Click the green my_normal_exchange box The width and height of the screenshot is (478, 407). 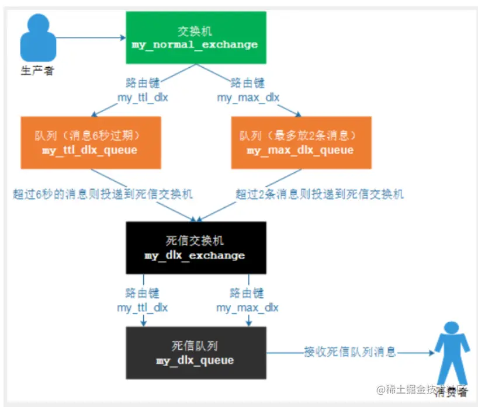[196, 37]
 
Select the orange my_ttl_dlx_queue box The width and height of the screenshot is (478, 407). [91, 143]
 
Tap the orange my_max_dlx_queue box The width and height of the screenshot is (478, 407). [300, 143]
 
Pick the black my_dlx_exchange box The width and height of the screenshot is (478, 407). [196, 248]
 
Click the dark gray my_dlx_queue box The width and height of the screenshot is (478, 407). [196, 353]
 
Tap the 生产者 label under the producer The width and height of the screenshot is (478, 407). [37, 71]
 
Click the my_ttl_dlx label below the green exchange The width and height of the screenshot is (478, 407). [143, 98]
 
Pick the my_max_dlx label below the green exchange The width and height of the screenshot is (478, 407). [248, 98]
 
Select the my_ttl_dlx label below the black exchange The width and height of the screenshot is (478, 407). [143, 307]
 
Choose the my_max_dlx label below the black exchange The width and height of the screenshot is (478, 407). [248, 307]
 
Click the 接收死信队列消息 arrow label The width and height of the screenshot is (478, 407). [350, 352]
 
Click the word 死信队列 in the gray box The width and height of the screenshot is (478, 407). [196, 346]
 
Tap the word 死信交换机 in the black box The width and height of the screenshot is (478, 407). [196, 241]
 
